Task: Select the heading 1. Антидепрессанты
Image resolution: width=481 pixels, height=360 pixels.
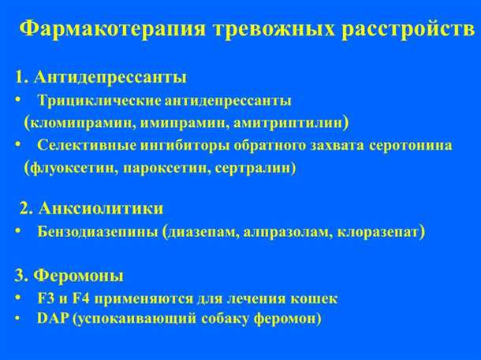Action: tap(100, 77)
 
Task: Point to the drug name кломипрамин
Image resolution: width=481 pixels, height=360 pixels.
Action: tap(76, 123)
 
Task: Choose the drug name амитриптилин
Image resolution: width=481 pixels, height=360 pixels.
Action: tap(278, 123)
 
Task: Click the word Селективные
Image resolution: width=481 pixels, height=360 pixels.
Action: tap(84, 146)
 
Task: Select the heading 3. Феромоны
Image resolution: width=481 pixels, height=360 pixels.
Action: tap(69, 276)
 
